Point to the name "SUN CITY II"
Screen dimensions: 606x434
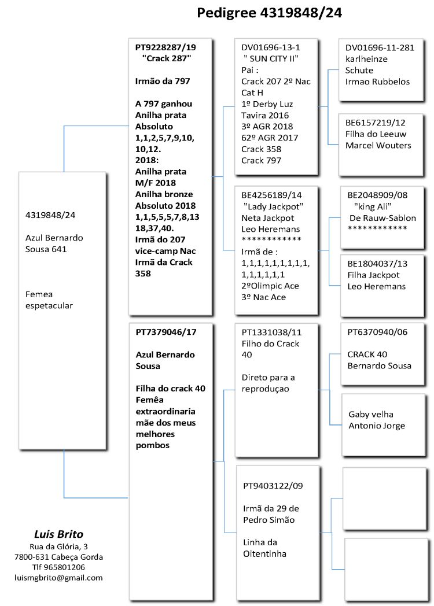[271, 59]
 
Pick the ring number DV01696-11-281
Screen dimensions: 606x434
[380, 47]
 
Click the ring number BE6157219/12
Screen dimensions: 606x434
[376, 123]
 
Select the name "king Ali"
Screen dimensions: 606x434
[376, 206]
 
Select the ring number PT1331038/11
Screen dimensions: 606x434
[271, 332]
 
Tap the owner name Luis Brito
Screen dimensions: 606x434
[58, 534]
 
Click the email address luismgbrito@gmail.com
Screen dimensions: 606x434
[58, 578]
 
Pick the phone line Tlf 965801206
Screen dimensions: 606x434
[58, 567]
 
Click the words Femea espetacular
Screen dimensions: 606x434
[49, 300]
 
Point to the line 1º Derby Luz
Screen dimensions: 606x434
[267, 104]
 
